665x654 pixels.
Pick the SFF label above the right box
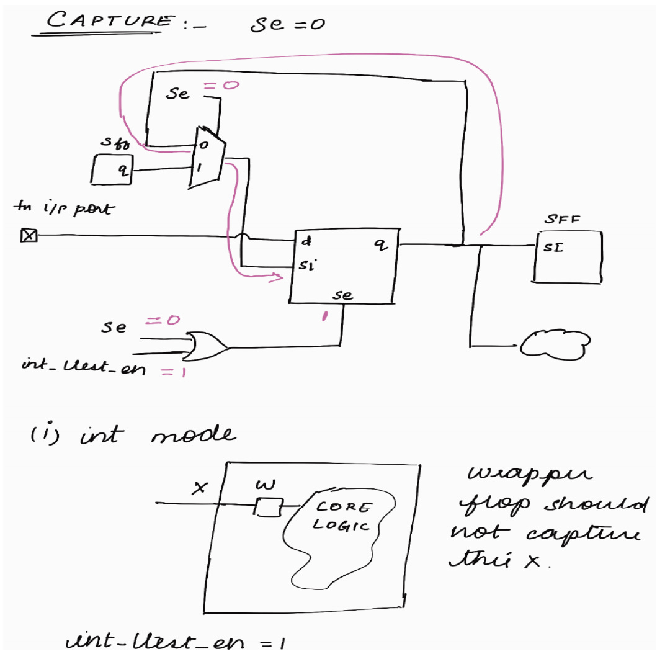560,220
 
